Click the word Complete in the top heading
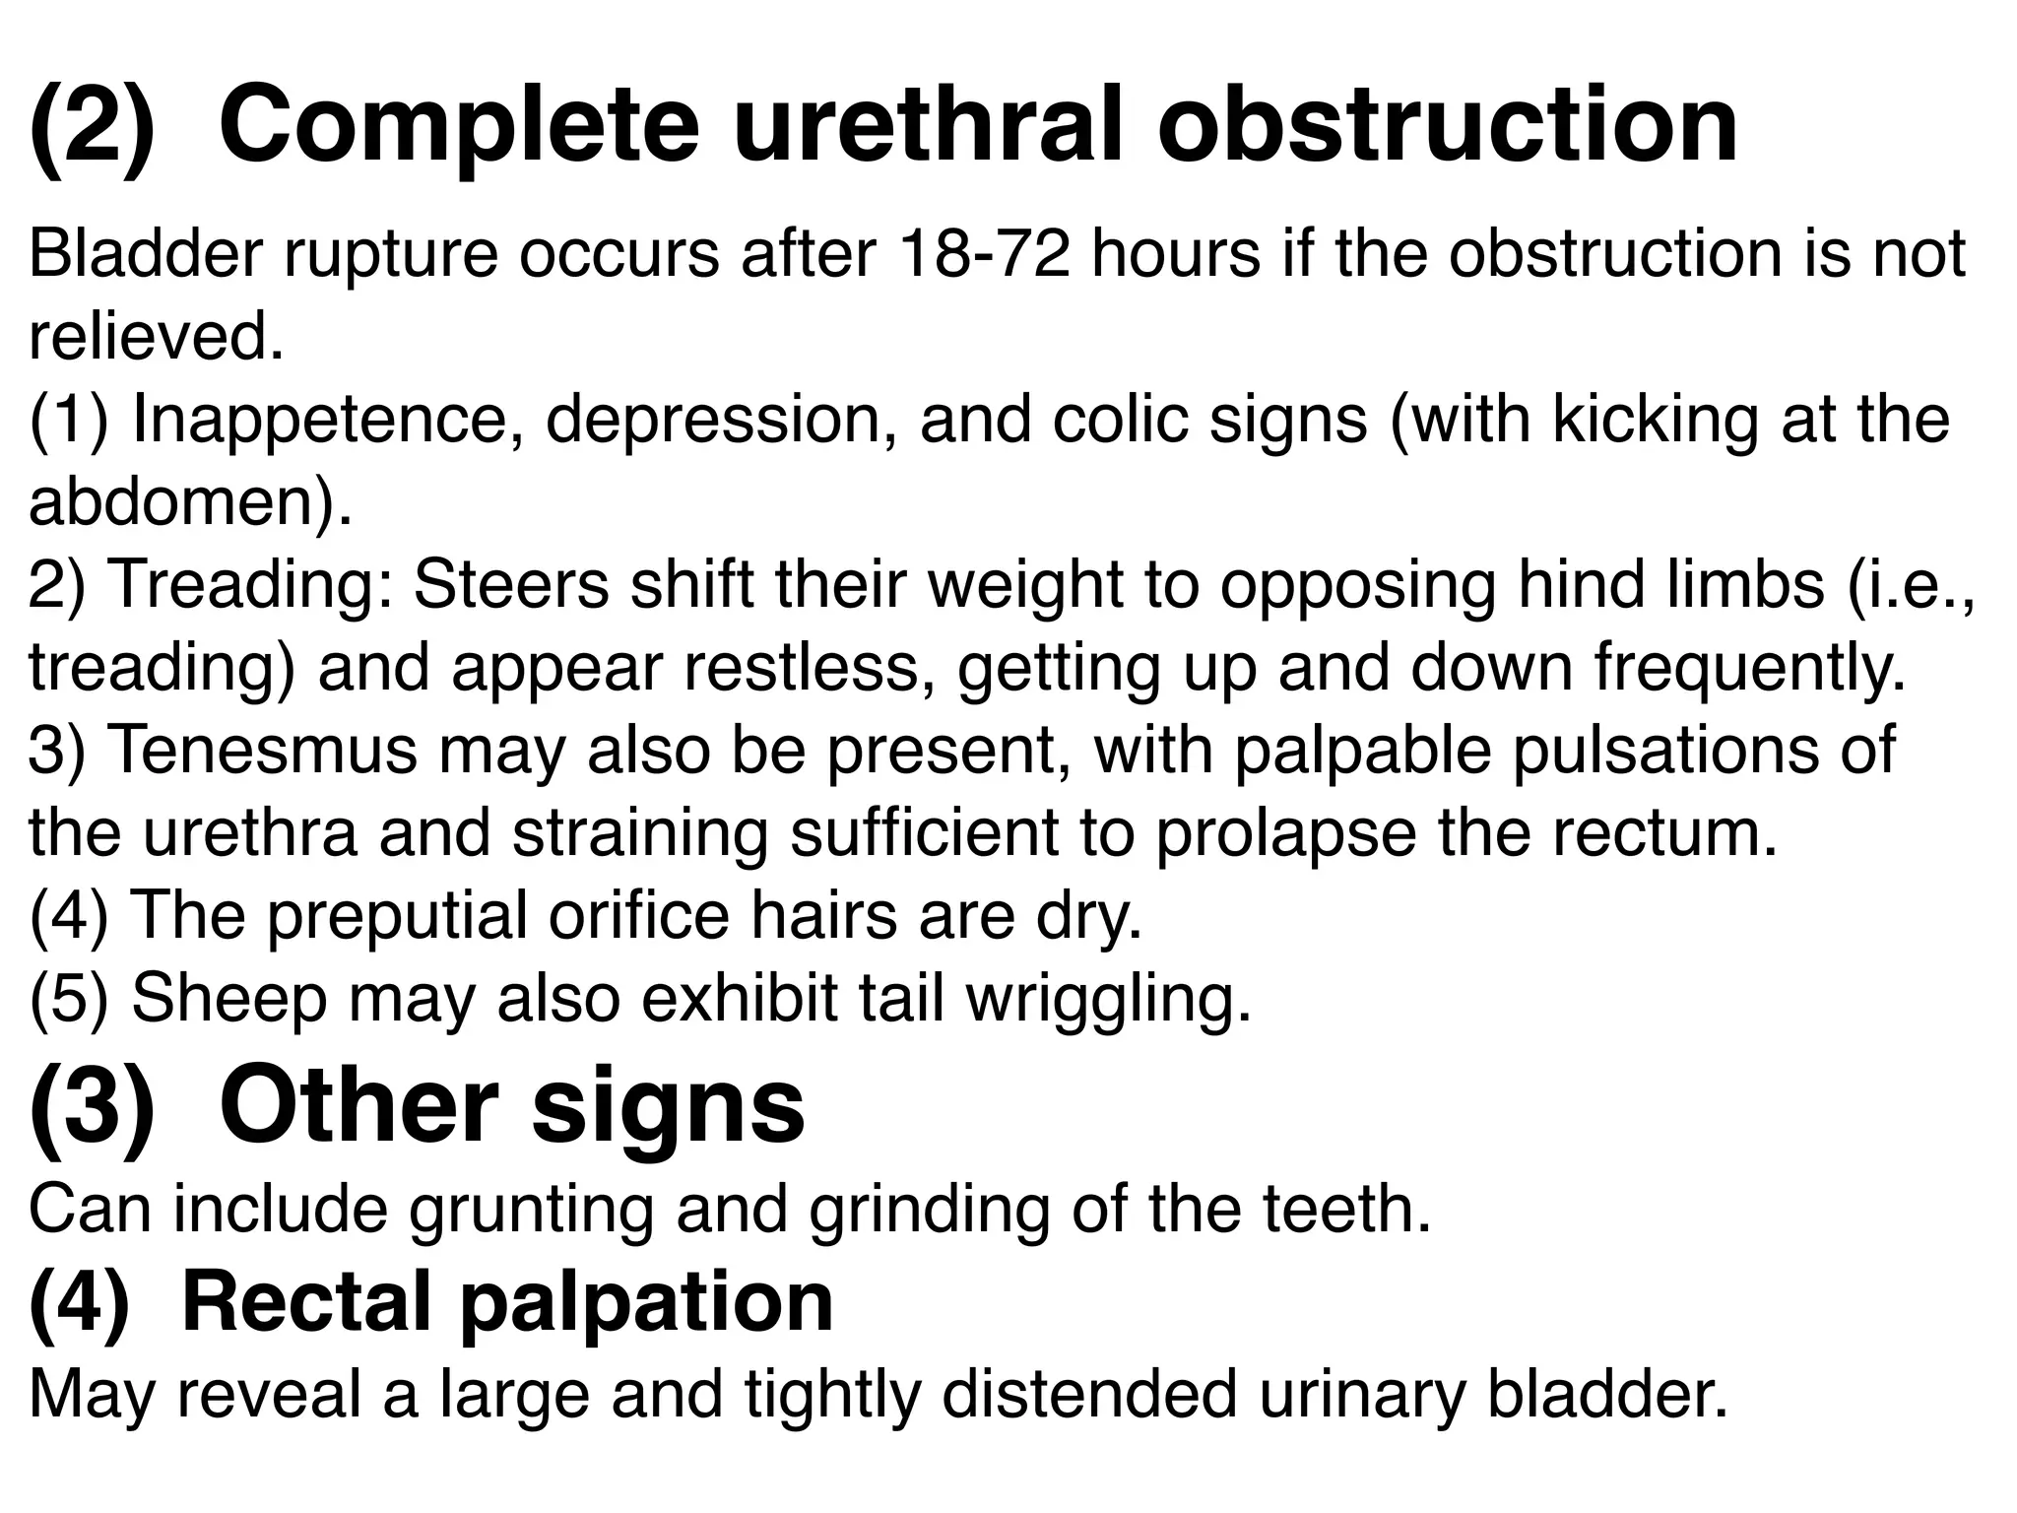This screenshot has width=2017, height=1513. tap(458, 126)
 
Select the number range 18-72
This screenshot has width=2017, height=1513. tap(985, 254)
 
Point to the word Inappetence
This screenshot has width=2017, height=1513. tap(328, 420)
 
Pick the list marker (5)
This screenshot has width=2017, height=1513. tap(68, 999)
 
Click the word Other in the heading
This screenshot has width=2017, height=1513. tap(358, 1107)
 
